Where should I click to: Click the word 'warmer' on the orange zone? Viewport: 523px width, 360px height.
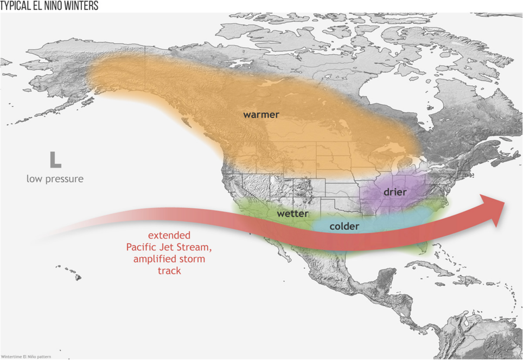tap(260, 114)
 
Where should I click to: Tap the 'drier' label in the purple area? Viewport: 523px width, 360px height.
tap(395, 192)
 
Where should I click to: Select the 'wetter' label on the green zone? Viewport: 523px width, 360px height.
tap(292, 214)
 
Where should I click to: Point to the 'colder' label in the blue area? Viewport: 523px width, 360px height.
tap(344, 226)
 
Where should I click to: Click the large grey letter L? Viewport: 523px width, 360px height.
tap(55, 160)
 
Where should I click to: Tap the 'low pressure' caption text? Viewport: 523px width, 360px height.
tap(55, 178)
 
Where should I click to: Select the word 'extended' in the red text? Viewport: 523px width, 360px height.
tap(169, 236)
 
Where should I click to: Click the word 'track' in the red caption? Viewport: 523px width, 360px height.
tap(169, 270)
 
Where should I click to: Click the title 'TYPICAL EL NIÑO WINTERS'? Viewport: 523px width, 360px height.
tap(49, 6)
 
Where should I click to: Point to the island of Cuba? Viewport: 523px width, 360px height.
tap(429, 268)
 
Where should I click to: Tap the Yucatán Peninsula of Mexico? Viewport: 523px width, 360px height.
tap(383, 282)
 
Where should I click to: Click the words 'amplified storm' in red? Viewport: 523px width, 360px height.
tap(170, 259)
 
